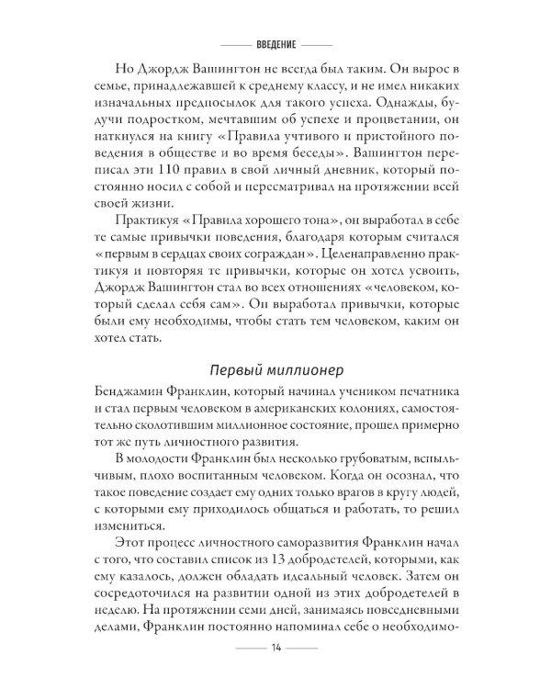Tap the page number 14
(275, 649)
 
